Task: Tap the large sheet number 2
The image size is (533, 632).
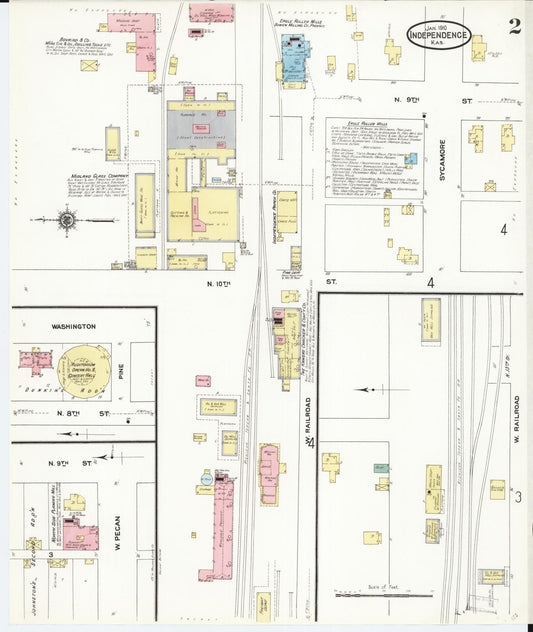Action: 514,25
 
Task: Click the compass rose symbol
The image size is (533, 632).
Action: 67,219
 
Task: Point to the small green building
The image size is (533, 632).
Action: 381,468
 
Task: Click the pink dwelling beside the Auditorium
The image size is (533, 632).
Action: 37,360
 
